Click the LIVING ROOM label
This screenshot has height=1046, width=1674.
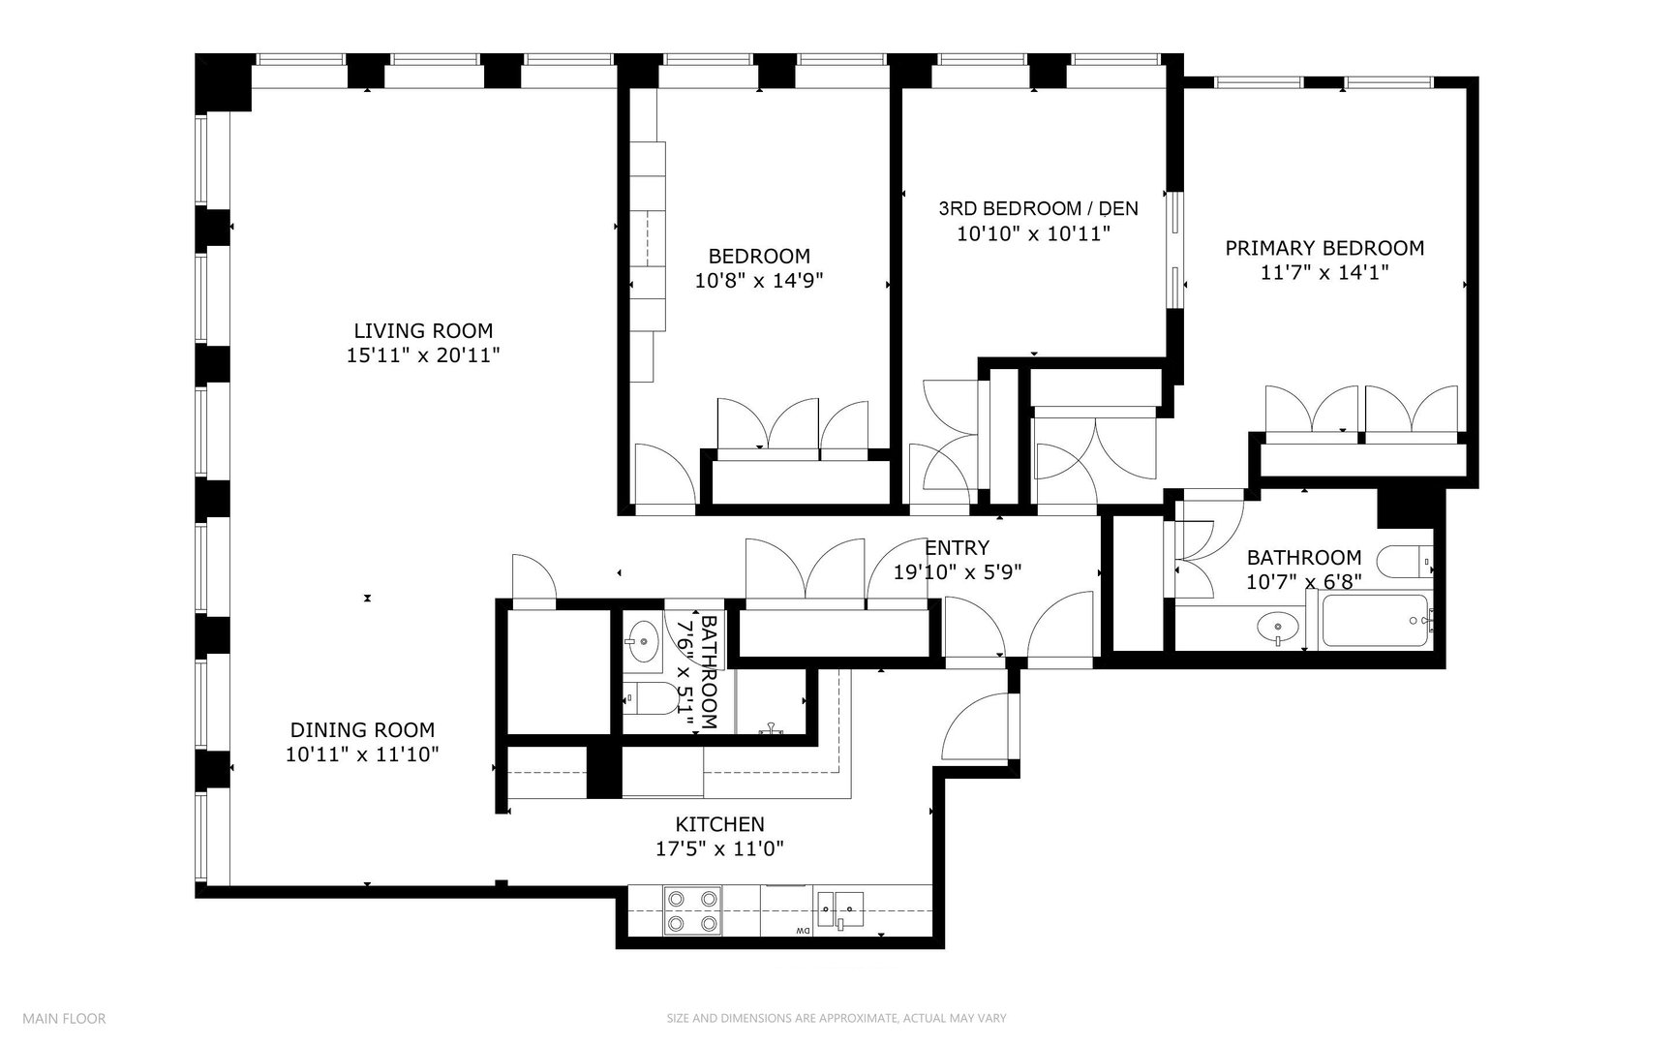pos(423,330)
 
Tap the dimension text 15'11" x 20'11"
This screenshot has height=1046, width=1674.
pos(423,355)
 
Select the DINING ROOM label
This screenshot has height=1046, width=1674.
pos(362,730)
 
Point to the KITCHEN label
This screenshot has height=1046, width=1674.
pos(719,824)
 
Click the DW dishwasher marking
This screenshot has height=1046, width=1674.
pos(803,932)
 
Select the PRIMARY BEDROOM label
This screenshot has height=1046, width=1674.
pos(1324,248)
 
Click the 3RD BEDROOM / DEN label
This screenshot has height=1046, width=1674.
pos(1038,208)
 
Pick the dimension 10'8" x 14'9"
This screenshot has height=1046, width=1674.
pos(759,281)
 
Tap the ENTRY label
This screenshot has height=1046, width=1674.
pos(957,547)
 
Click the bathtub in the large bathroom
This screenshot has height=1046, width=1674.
pos(1373,622)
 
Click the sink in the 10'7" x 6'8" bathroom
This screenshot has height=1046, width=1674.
pos(1279,628)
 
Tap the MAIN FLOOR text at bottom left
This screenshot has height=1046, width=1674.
pos(64,1018)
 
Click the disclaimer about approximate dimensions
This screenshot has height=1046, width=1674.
pos(837,1018)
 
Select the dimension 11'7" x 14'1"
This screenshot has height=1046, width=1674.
pos(1324,273)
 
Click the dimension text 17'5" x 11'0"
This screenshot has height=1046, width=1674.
pos(719,849)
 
